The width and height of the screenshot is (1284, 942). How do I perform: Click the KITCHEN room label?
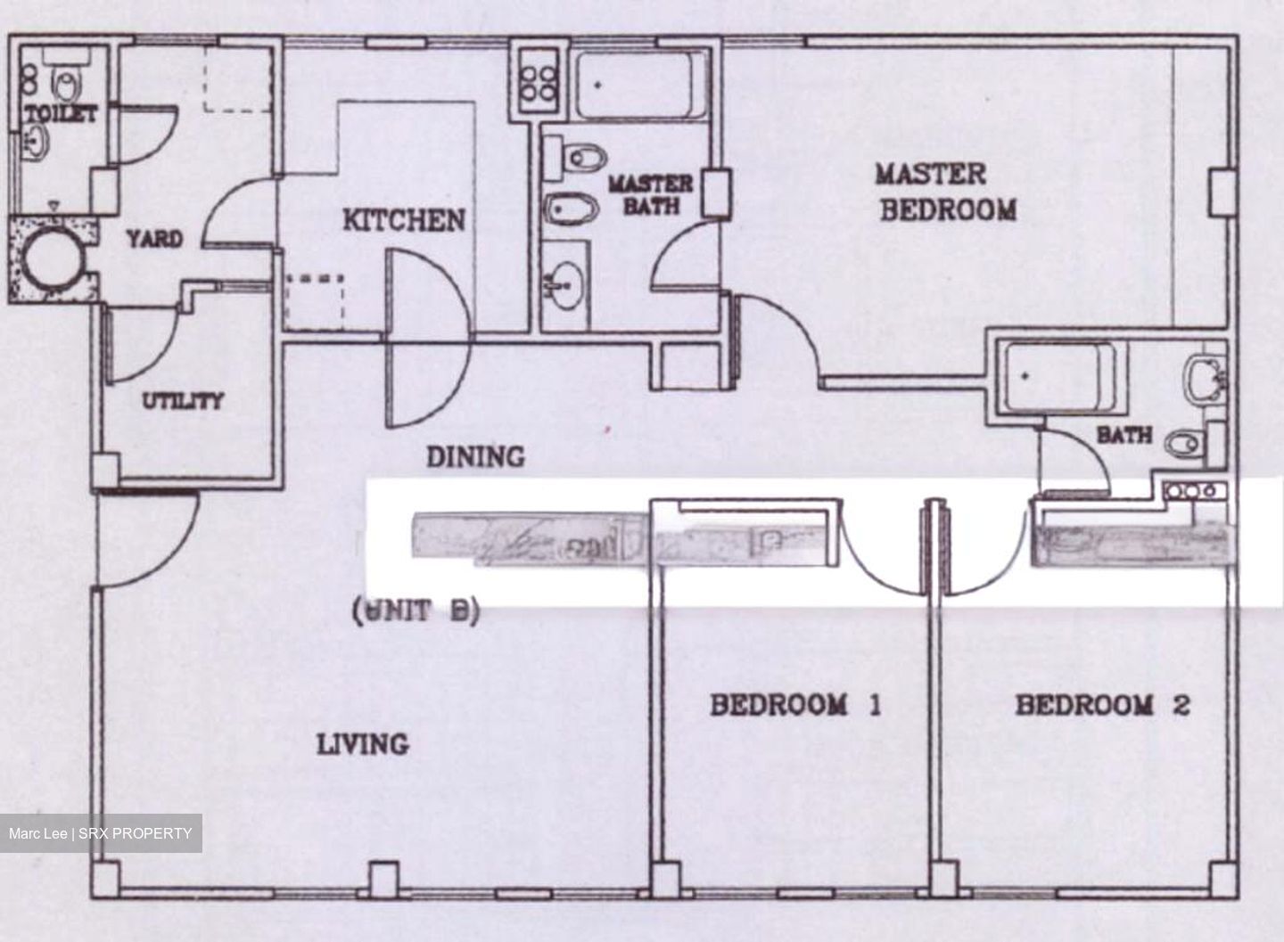click(404, 219)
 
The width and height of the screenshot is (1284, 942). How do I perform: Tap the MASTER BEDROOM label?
click(946, 192)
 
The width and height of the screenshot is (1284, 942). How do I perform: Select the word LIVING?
click(363, 743)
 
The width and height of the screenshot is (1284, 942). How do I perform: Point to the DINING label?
click(474, 457)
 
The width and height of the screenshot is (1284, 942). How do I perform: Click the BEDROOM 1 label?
click(795, 706)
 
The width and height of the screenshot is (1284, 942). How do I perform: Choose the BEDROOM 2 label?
click(1102, 706)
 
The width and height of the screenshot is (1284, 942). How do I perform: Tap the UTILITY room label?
click(183, 401)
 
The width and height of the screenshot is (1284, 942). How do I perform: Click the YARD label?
click(153, 239)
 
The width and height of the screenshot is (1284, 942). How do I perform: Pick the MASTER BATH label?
click(650, 194)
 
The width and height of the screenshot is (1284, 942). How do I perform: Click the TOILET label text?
click(60, 114)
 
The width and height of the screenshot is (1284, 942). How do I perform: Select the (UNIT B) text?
click(416, 611)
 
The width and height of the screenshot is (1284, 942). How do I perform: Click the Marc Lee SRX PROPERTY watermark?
click(101, 834)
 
